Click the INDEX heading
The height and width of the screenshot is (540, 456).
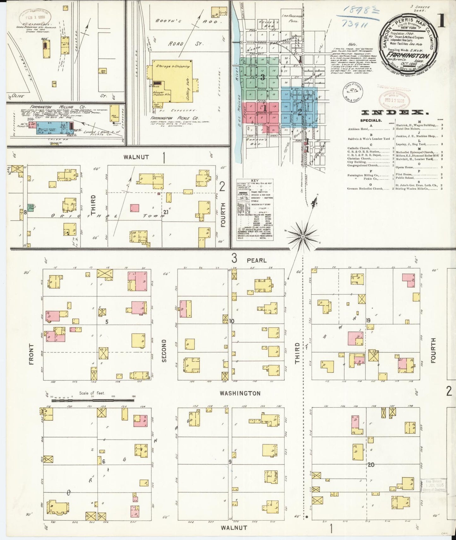coord(393,112)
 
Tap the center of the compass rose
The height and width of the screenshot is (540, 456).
coord(302,236)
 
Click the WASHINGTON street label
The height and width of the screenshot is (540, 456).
coord(240,393)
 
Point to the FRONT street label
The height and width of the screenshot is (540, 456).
coord(31,354)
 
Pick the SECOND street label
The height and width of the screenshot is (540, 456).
coord(164,351)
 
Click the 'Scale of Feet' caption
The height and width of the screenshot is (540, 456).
coord(92,393)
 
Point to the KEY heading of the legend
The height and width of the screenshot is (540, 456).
coord(254,181)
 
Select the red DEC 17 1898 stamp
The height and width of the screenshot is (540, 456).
coord(394,100)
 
